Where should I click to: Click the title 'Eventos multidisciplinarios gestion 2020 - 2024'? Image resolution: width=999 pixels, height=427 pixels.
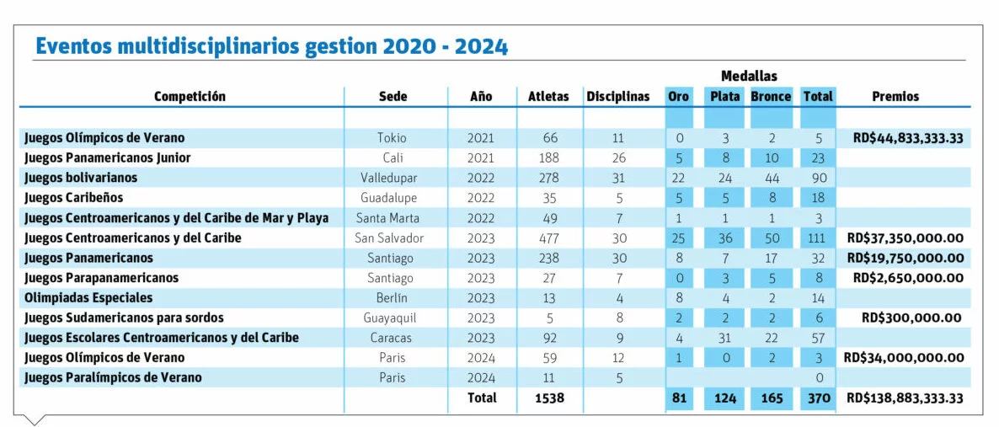click(x=272, y=46)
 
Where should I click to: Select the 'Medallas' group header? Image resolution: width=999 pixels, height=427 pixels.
click(x=749, y=77)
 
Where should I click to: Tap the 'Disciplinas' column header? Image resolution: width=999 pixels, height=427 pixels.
click(x=618, y=97)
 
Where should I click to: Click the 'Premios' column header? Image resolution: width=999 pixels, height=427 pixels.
click(x=895, y=97)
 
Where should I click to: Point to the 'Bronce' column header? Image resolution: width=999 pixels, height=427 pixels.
click(x=771, y=97)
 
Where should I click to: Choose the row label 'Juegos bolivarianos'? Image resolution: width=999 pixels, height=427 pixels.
click(x=81, y=178)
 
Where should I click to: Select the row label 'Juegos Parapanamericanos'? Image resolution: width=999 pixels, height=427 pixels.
click(x=101, y=278)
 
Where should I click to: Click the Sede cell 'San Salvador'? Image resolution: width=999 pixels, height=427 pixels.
click(x=388, y=238)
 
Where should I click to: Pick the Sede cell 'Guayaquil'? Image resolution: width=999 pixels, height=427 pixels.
click(x=391, y=318)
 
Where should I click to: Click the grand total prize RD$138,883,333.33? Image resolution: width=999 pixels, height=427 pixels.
click(x=905, y=398)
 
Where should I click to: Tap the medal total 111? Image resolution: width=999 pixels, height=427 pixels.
click(x=819, y=238)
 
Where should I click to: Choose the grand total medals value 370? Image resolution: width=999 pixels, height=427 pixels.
click(x=819, y=398)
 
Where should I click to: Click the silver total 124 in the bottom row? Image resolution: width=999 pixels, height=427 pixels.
click(x=724, y=398)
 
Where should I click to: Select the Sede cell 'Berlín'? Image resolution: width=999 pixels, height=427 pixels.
click(x=392, y=297)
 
